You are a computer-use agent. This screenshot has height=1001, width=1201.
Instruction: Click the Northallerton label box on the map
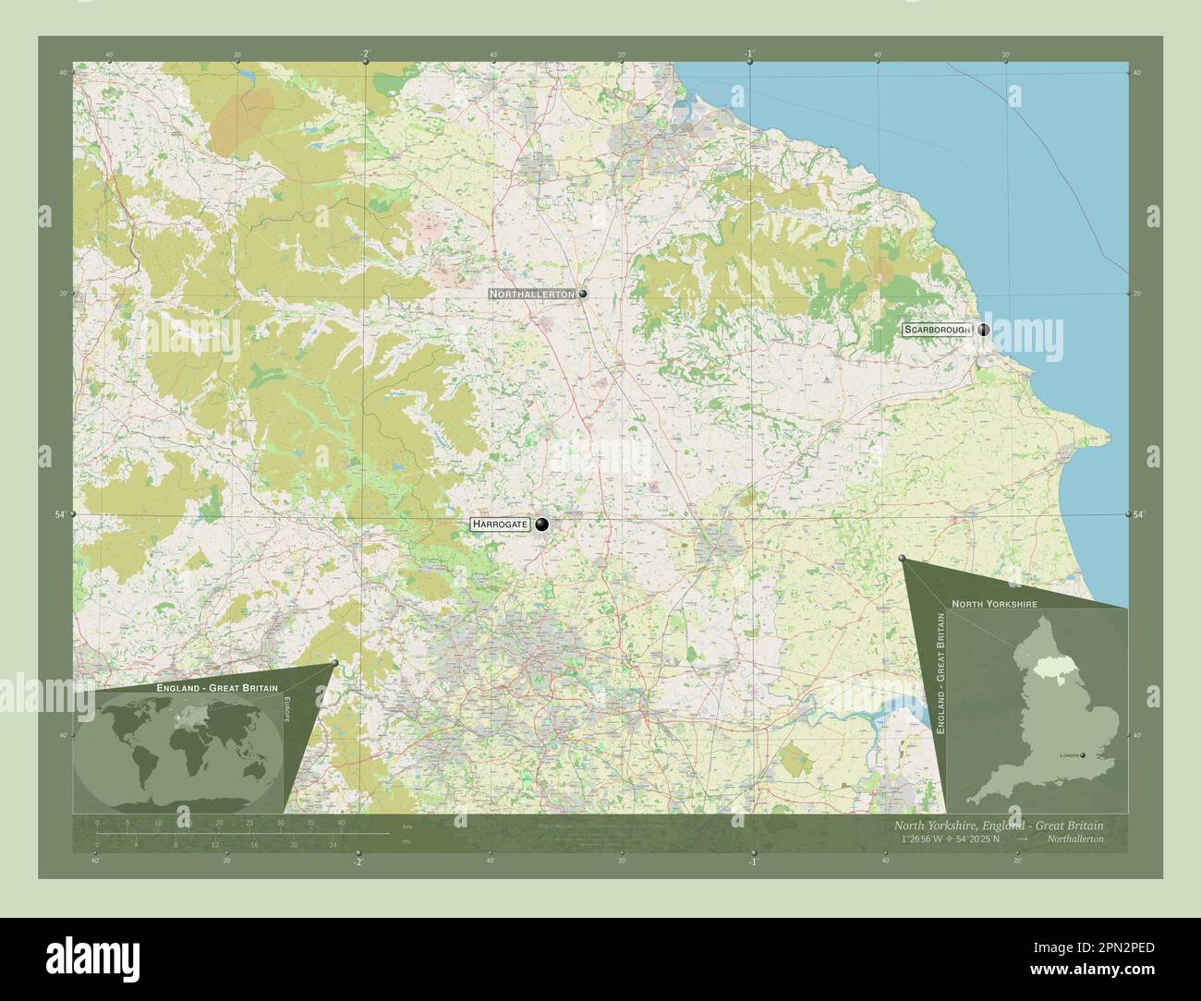pos(533,294)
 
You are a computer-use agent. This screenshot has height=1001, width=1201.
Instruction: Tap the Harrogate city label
pos(500,525)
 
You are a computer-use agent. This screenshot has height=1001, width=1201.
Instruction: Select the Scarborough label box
pos(938,330)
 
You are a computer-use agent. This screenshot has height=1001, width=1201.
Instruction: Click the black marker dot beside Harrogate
pos(541,525)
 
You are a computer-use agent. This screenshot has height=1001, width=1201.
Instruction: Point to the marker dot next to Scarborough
pos(984,330)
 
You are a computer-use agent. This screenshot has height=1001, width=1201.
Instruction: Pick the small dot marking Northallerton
pos(583,294)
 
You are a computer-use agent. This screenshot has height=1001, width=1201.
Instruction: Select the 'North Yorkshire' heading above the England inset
pos(993,603)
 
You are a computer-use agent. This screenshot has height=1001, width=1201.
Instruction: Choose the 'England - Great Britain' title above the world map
pos(210,689)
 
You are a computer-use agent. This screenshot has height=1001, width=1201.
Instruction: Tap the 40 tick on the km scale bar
pos(341,822)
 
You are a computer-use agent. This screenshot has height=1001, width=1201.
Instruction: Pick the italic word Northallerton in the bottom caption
pos(1075,839)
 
